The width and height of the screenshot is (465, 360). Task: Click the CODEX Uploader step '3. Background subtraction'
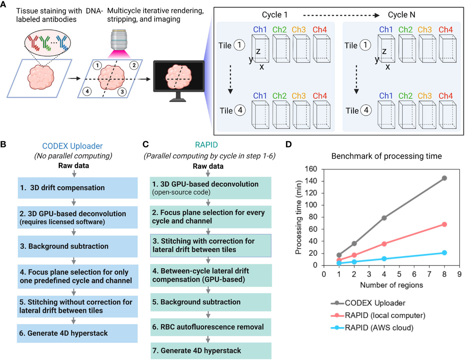(x=77, y=246)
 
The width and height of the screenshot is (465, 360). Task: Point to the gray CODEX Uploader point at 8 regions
(x=444, y=178)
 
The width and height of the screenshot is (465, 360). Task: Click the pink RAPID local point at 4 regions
(x=384, y=244)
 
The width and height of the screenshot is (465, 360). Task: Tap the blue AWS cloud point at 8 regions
(x=444, y=253)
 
